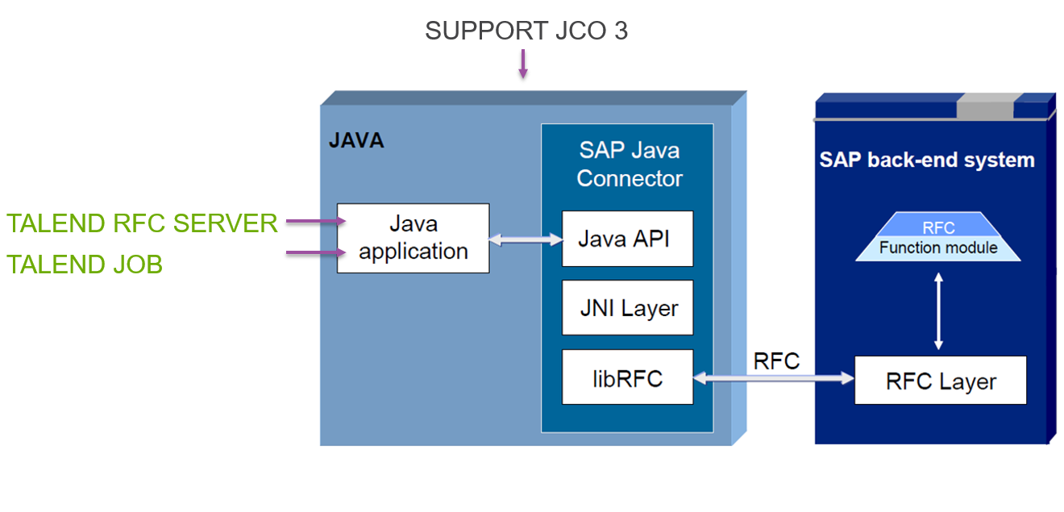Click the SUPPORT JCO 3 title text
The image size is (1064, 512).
click(526, 31)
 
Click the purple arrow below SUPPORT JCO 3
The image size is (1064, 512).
click(523, 64)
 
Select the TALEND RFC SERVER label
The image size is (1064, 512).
click(143, 223)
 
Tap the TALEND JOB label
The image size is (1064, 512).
click(85, 264)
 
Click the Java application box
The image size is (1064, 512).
click(413, 238)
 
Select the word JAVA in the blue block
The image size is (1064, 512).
click(356, 141)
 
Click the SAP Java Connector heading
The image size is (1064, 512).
click(629, 164)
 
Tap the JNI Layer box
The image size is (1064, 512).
click(627, 308)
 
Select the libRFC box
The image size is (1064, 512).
click(627, 377)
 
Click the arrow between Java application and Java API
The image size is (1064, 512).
click(526, 239)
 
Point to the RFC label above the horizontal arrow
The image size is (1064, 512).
click(776, 361)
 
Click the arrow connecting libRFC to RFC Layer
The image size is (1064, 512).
click(774, 377)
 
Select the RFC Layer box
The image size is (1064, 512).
click(940, 381)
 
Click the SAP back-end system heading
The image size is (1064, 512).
click(927, 160)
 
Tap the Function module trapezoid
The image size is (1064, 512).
click(938, 239)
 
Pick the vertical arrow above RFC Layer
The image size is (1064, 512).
click(938, 310)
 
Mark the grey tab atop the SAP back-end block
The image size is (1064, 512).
click(984, 106)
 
